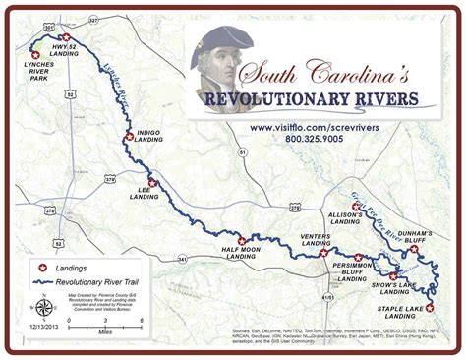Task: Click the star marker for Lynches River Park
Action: [x=36, y=55]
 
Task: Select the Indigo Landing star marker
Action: [x=128, y=138]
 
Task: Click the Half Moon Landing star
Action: [x=241, y=240]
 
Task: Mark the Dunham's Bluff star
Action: [x=414, y=249]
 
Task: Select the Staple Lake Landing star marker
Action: [x=430, y=308]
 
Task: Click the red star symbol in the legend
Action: [x=41, y=268]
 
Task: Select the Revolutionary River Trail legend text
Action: [x=96, y=281]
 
